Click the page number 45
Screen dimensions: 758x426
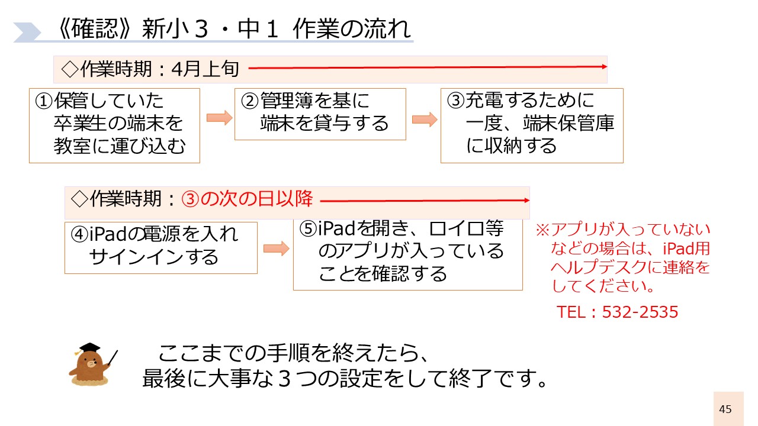click(x=725, y=409)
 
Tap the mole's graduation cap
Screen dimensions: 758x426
click(x=89, y=348)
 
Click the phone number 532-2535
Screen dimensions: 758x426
click(x=640, y=312)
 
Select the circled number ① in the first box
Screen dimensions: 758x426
click(x=44, y=101)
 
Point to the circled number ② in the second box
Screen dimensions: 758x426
click(x=250, y=101)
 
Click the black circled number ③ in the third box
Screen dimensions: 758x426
click(x=456, y=101)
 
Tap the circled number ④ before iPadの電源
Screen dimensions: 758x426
click(x=80, y=234)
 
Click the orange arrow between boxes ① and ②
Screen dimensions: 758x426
click(x=220, y=118)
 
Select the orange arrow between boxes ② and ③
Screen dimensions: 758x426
click(x=425, y=120)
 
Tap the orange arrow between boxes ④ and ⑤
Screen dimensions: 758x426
click(x=277, y=249)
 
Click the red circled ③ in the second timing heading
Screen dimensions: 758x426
click(x=191, y=199)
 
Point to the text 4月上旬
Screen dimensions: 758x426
click(x=205, y=69)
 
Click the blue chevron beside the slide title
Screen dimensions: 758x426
click(x=27, y=33)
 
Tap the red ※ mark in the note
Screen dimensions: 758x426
click(x=543, y=230)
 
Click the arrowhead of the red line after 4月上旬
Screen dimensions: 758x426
click(x=605, y=67)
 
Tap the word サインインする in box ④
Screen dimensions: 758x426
click(x=154, y=257)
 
